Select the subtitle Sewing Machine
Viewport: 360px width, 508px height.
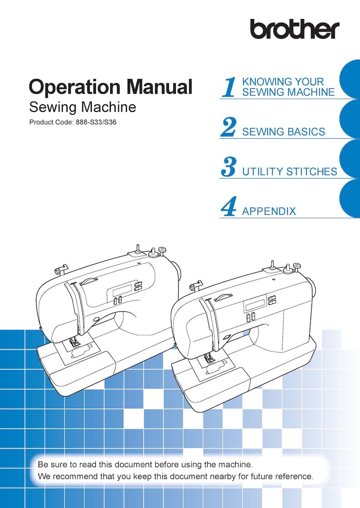coord(82,107)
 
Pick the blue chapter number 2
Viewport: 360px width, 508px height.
coord(228,127)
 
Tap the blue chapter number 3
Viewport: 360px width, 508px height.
coord(228,167)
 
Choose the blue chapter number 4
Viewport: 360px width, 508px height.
coord(228,207)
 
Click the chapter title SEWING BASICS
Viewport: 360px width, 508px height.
coord(283,132)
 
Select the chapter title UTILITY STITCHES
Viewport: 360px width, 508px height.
coord(289,172)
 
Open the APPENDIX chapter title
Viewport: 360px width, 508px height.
coord(269,211)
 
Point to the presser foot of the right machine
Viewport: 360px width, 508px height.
coord(209,360)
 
